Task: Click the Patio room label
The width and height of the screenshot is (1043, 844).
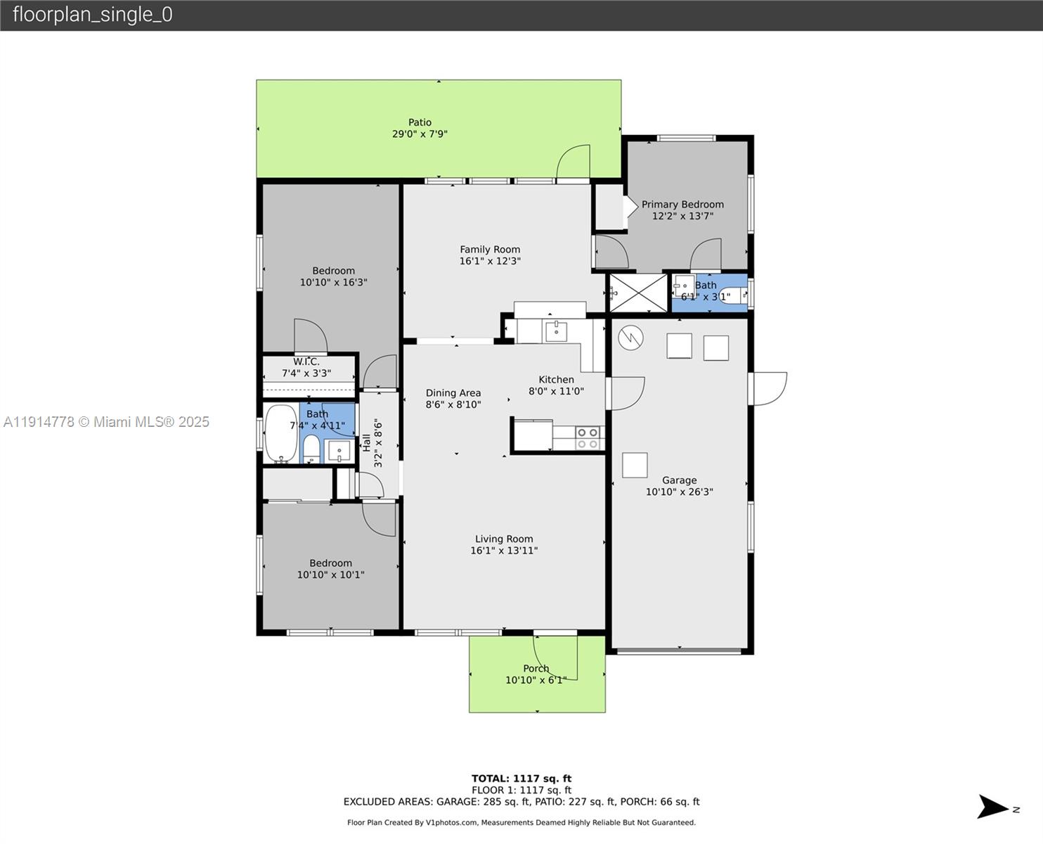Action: pyautogui.click(x=420, y=122)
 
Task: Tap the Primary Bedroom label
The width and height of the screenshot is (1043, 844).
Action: pyautogui.click(x=682, y=205)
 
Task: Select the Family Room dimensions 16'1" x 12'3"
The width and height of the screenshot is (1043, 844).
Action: pyautogui.click(x=490, y=261)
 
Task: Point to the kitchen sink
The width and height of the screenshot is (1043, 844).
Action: pyautogui.click(x=556, y=330)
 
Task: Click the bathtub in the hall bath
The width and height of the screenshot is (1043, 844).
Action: pyautogui.click(x=281, y=433)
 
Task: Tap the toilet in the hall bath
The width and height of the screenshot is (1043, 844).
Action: pyautogui.click(x=311, y=448)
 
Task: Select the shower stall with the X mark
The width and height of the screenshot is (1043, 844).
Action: pyautogui.click(x=637, y=293)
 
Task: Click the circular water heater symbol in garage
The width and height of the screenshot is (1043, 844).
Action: pyautogui.click(x=630, y=338)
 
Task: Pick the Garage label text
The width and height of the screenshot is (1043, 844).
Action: pyautogui.click(x=679, y=480)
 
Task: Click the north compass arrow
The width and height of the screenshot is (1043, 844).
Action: pyautogui.click(x=994, y=807)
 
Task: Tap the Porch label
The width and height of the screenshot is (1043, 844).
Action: pyautogui.click(x=536, y=668)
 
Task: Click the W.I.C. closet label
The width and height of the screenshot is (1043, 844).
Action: pyautogui.click(x=306, y=362)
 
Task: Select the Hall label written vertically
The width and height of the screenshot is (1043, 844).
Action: pyautogui.click(x=366, y=442)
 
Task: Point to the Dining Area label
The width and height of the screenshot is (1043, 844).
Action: pyautogui.click(x=453, y=393)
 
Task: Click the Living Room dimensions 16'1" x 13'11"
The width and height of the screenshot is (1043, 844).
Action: pyautogui.click(x=504, y=551)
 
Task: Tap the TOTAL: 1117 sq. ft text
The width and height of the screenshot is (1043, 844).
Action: pyautogui.click(x=521, y=779)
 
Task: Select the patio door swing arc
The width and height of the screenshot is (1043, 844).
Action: pyautogui.click(x=572, y=160)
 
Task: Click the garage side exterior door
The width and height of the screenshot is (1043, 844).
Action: pyautogui.click(x=769, y=389)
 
